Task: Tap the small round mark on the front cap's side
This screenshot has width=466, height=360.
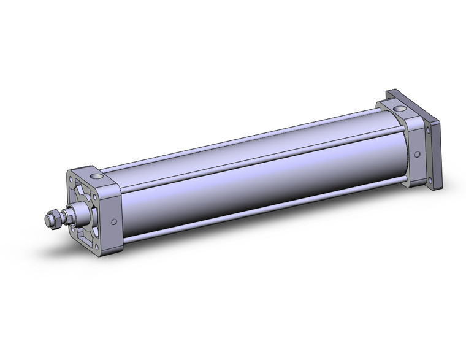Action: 113,223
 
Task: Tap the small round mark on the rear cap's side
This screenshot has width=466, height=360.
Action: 418,155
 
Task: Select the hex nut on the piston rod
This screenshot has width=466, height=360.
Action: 52,218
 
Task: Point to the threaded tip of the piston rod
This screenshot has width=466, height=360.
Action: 46,219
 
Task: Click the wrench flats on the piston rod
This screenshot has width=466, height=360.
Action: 66,216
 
